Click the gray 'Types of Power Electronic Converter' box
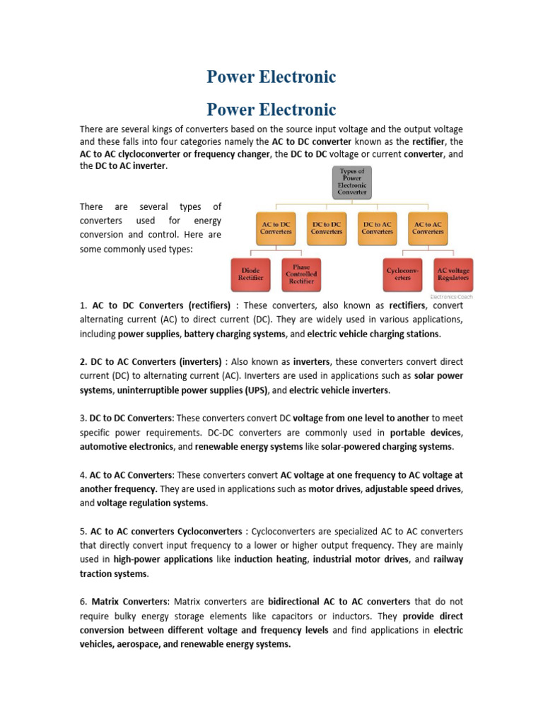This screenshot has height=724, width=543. [352, 182]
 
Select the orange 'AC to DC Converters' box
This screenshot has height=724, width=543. [275, 228]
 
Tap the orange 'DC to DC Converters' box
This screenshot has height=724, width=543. [326, 228]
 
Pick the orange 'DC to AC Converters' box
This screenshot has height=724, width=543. [377, 228]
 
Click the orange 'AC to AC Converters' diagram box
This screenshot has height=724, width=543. [428, 228]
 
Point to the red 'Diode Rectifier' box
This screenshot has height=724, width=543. [250, 274]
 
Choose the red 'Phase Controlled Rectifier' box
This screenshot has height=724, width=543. [301, 274]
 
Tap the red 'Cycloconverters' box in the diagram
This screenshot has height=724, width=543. [402, 274]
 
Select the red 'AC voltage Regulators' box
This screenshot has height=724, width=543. [453, 274]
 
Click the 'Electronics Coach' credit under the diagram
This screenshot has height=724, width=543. [452, 297]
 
